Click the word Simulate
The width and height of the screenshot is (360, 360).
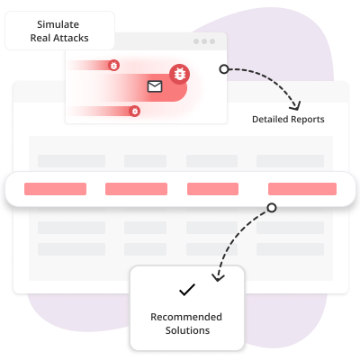[x=58, y=24]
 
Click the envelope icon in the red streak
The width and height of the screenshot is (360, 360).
[x=155, y=86]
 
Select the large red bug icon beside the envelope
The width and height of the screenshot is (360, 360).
[x=179, y=74]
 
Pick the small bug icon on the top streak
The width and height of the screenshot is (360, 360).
[x=113, y=65]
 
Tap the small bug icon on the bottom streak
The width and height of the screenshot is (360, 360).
[x=135, y=111]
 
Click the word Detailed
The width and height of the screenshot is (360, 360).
[x=270, y=119]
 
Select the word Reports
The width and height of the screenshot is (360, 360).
[x=307, y=120]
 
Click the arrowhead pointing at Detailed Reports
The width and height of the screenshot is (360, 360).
[x=295, y=106]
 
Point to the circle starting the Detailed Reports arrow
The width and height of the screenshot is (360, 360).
[x=224, y=69]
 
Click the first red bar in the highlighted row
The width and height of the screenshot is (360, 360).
[x=55, y=189]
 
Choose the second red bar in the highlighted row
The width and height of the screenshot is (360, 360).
[x=136, y=189]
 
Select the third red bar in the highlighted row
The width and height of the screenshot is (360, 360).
[x=212, y=189]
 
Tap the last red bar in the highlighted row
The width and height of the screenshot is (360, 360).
[x=302, y=189]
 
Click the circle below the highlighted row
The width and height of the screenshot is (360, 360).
[x=272, y=208]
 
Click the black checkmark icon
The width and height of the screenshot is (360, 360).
[x=187, y=290]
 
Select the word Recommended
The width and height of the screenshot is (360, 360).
[x=186, y=317]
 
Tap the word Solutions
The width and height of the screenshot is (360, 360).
[x=187, y=330]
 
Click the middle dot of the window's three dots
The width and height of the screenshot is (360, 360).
[x=204, y=41]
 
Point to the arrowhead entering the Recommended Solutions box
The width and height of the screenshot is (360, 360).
[x=218, y=277]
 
